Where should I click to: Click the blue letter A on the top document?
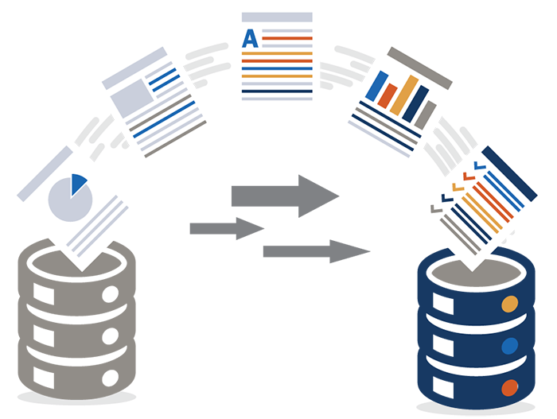[x=250, y=39]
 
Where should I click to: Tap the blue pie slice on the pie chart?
[x=77, y=183]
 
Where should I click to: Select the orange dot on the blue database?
[x=509, y=304]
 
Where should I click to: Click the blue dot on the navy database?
[x=509, y=346]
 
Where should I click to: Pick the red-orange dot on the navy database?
[x=509, y=388]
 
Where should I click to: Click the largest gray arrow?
[x=285, y=196]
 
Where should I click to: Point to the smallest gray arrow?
[x=227, y=228]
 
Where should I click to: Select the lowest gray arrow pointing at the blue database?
[x=317, y=251]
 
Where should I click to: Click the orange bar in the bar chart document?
[x=404, y=95]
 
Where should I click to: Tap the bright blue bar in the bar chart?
[x=376, y=86]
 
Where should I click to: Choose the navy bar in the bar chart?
[x=415, y=103]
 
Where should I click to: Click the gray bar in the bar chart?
[x=426, y=115]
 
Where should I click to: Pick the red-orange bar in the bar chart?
[x=388, y=95]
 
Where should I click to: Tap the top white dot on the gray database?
[x=110, y=294]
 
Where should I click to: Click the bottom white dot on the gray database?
[x=110, y=378]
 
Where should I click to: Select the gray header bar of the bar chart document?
[x=419, y=68]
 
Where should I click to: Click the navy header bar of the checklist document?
[x=509, y=173]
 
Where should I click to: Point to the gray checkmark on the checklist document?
[x=437, y=208]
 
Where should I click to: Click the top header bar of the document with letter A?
[x=277, y=17]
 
